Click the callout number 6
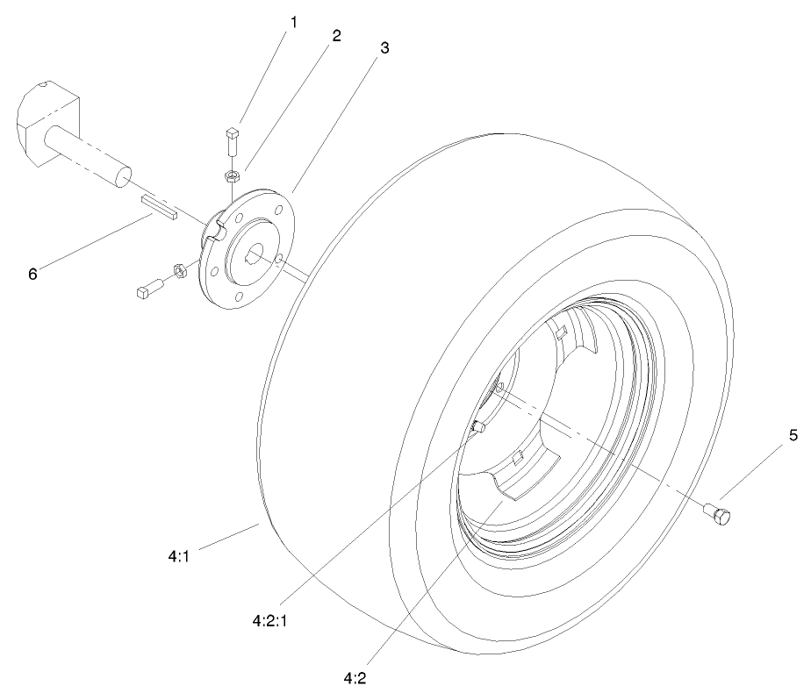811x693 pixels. coord(32,274)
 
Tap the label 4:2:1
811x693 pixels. coord(271,618)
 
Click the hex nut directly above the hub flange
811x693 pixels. coord(233,176)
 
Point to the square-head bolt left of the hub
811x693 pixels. coord(147,289)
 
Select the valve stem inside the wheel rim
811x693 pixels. coord(479,427)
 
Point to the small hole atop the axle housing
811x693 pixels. coord(45,87)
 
